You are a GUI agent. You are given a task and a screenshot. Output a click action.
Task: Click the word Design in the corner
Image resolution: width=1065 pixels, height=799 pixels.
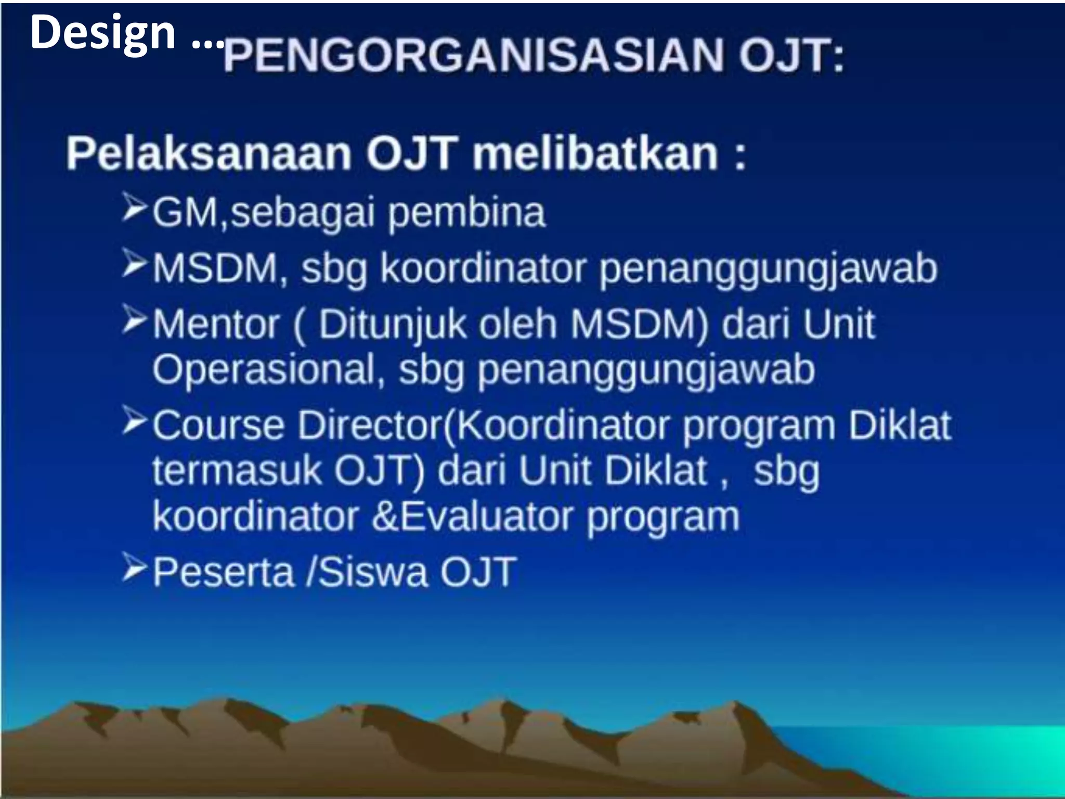coord(102,33)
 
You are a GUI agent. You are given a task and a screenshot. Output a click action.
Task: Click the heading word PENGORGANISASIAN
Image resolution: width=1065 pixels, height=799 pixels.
coord(473,56)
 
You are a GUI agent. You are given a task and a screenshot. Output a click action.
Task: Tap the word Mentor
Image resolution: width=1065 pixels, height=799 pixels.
coord(216,324)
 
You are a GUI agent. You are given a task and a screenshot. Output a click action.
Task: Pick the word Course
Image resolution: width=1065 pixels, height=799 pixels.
coord(218,426)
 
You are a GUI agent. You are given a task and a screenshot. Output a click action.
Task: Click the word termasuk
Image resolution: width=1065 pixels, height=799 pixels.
coord(237,471)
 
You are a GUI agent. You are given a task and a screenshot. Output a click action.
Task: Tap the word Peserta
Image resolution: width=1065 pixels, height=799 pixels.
coord(224,572)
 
